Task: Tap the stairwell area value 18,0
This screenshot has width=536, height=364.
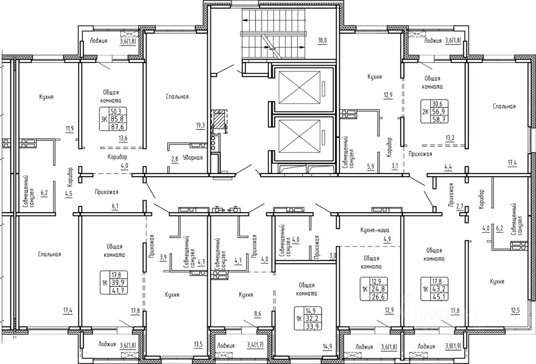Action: pyautogui.click(x=322, y=41)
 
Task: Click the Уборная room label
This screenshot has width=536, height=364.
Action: pyautogui.click(x=193, y=158)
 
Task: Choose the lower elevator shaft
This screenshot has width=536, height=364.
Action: pyautogui.click(x=299, y=136)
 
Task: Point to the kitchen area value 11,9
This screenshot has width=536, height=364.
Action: pyautogui.click(x=70, y=129)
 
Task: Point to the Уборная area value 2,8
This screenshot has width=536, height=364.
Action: pyautogui.click(x=174, y=158)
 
